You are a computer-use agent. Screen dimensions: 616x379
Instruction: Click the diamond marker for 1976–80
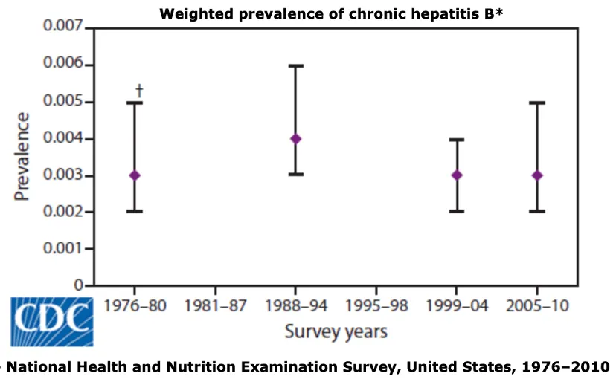(x=135, y=175)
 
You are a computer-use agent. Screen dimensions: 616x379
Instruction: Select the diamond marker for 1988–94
(x=296, y=139)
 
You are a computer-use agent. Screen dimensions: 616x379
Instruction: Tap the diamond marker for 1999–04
(x=457, y=175)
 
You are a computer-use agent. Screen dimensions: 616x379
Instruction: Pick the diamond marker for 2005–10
(x=537, y=175)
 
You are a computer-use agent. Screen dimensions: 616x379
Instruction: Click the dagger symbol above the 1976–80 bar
(x=139, y=91)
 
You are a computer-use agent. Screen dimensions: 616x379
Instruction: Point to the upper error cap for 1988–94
(x=296, y=66)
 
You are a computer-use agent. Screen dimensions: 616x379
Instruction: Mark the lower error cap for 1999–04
(x=457, y=212)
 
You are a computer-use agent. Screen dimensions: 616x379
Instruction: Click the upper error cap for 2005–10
(x=537, y=103)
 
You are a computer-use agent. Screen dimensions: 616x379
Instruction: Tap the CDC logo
(x=52, y=322)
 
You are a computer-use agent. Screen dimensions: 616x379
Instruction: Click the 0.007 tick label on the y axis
(x=62, y=26)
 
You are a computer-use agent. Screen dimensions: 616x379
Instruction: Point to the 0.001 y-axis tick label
(x=62, y=248)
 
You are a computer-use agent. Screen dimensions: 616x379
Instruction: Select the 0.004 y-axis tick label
(x=62, y=138)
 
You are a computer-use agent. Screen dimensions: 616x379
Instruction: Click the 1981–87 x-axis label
(x=215, y=306)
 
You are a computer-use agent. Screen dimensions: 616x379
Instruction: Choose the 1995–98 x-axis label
(x=376, y=306)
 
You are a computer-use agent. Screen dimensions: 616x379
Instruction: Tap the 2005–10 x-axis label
(x=537, y=306)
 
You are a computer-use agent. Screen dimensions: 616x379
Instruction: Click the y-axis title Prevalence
(x=22, y=157)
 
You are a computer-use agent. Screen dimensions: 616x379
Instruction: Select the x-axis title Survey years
(x=336, y=332)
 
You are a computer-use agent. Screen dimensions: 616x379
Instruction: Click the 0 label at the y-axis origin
(x=79, y=285)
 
